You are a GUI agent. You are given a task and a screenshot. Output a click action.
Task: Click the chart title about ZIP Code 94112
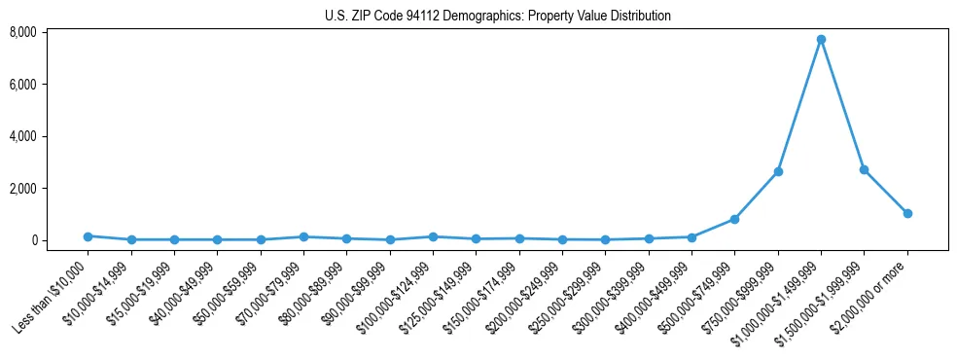(x=497, y=16)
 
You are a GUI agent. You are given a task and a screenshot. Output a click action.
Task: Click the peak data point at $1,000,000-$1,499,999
(x=821, y=40)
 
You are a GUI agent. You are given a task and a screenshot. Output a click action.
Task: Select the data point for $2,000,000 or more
(x=907, y=213)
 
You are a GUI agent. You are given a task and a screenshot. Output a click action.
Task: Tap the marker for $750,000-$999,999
(x=778, y=171)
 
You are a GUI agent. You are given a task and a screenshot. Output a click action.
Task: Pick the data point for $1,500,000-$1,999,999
(x=864, y=169)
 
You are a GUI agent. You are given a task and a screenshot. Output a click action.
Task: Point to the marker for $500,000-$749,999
(x=734, y=219)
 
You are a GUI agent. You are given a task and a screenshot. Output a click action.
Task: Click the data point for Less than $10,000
(x=88, y=236)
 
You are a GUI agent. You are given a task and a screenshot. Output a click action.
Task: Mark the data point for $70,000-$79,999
(x=303, y=236)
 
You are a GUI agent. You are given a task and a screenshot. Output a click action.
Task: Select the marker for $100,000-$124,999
(x=433, y=236)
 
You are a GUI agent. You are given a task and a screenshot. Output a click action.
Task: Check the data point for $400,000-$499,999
(x=691, y=237)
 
